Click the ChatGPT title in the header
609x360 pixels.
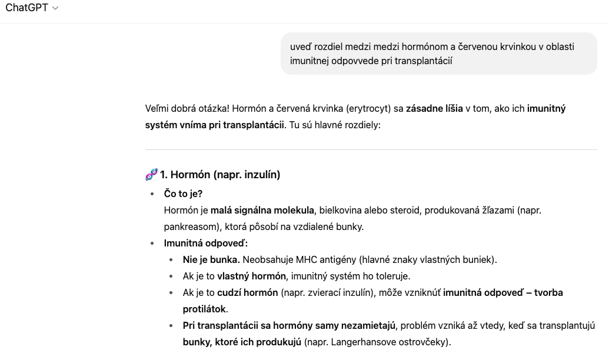[x=27, y=8]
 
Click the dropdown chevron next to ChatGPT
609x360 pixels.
[x=56, y=9]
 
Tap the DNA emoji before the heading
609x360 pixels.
[x=151, y=175]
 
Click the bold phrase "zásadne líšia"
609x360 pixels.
[x=434, y=108]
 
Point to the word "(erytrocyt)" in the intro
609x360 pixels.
[x=368, y=108]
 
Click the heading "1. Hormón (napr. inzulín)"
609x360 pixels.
[x=220, y=175]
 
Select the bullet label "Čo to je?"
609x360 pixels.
[x=183, y=194]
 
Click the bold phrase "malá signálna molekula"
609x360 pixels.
[x=262, y=210]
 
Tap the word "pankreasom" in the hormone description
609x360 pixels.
[x=188, y=226]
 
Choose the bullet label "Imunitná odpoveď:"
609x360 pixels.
[x=206, y=243]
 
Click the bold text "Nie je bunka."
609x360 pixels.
[x=211, y=259]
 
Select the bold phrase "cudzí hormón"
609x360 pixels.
[x=247, y=292]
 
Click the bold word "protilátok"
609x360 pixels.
[x=204, y=309]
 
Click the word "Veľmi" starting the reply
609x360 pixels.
[x=158, y=108]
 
